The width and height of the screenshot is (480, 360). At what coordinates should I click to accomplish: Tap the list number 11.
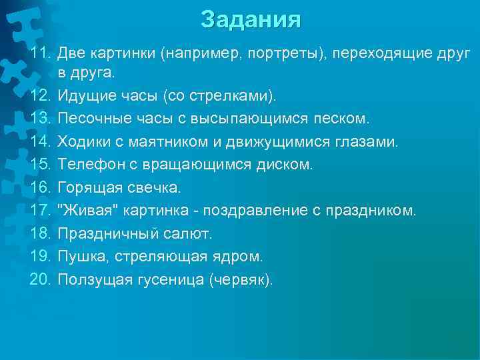(42, 52)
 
